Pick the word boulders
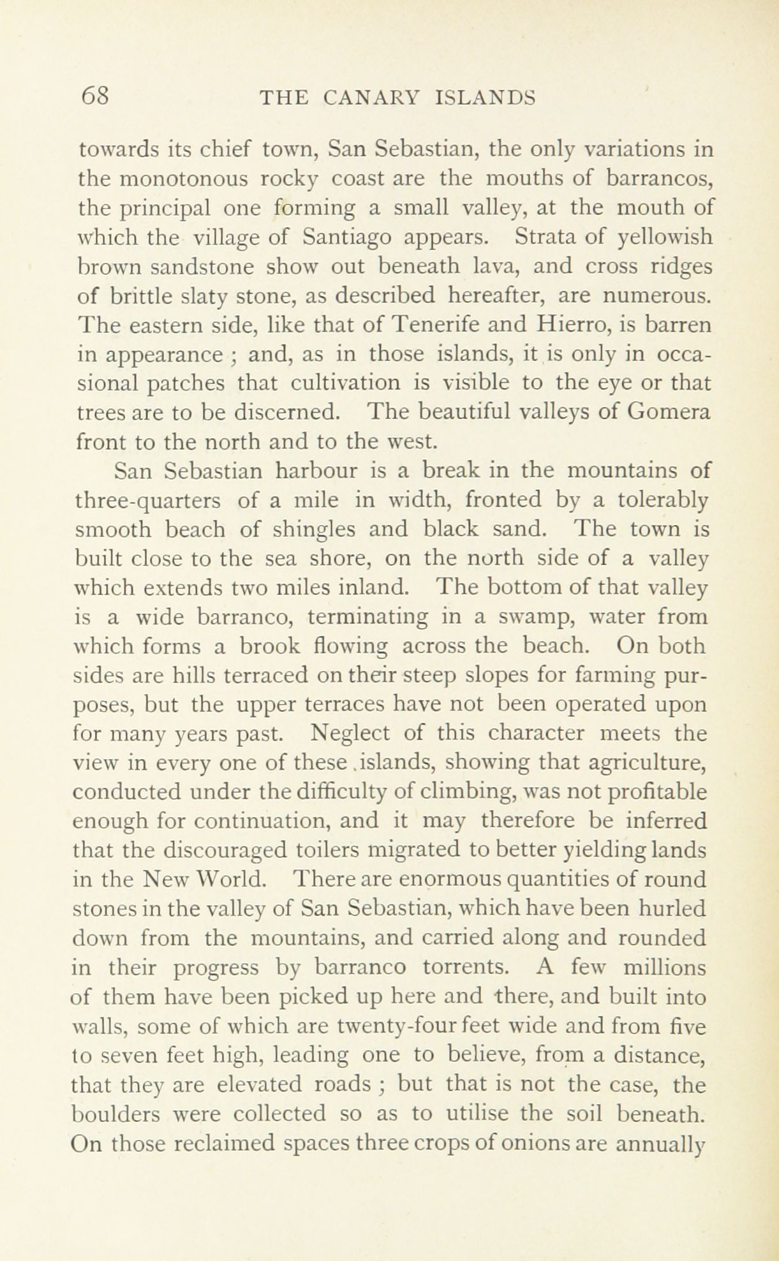click(111, 1114)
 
